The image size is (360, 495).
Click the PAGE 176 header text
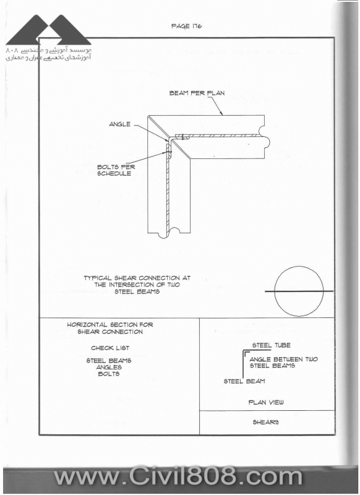186,26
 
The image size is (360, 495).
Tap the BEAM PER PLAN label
197,93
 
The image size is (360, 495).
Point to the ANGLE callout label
119,124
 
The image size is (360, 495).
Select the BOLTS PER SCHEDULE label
116,170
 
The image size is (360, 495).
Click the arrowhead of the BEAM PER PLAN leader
222,114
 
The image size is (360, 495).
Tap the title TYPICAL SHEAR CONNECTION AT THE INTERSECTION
137,285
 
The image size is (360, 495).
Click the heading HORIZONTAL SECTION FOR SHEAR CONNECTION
110,328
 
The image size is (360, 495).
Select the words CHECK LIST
110,348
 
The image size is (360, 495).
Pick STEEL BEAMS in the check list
109,361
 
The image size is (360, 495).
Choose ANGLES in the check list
109,367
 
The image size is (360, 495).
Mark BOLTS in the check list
109,374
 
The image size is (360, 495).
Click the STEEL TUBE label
272,345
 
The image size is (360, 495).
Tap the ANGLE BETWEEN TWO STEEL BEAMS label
284,363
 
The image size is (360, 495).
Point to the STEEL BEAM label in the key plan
244,381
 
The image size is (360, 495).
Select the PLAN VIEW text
266,403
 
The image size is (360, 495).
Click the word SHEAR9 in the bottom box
265,423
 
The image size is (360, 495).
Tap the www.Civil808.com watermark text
178,476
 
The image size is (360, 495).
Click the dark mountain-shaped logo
49,30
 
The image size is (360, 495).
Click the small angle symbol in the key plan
246,355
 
